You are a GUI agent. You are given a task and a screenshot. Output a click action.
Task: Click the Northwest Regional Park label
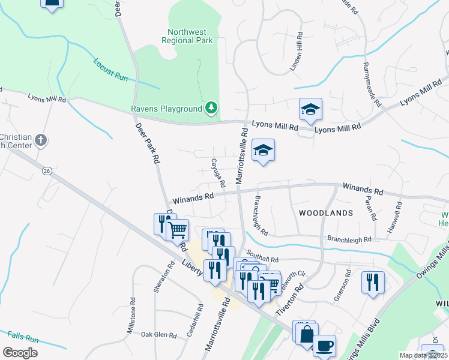(x=187, y=36)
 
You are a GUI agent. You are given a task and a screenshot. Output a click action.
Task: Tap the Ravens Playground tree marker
(x=211, y=108)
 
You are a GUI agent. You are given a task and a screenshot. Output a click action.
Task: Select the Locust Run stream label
(x=110, y=69)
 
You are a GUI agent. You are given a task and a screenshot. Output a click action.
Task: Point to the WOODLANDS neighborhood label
(x=325, y=213)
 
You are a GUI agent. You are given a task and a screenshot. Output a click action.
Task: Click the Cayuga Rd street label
(x=217, y=172)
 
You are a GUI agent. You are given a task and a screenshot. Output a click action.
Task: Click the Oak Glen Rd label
(x=158, y=335)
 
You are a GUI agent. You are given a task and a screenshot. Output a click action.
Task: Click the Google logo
(x=20, y=353)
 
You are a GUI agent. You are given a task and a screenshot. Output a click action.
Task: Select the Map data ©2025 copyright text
(x=423, y=355)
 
